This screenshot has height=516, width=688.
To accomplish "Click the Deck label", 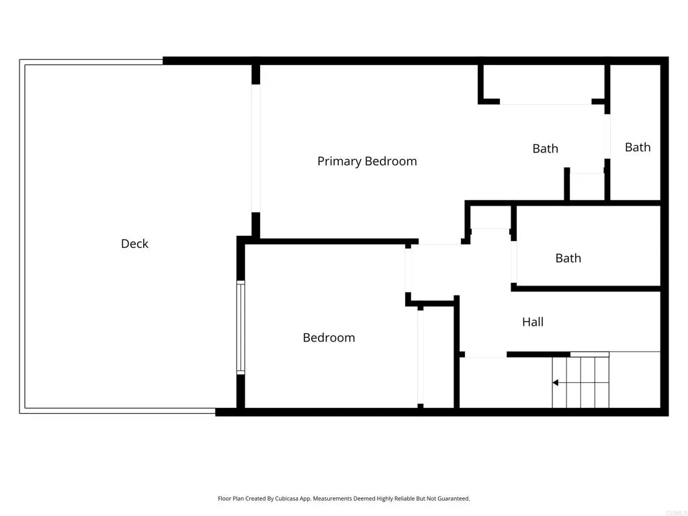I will (134, 244).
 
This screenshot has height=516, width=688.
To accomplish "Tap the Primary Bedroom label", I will (367, 161).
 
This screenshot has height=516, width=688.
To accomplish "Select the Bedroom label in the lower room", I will (329, 338).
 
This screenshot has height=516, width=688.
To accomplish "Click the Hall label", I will (533, 322).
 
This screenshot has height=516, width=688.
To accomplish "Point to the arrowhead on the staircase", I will (556, 383).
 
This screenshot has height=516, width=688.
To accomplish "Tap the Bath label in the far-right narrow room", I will (638, 147).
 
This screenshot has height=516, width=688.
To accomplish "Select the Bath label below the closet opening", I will (545, 148).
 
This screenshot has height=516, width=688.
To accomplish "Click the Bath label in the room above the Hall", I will (568, 258).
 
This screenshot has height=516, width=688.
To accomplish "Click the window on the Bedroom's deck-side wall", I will (241, 327).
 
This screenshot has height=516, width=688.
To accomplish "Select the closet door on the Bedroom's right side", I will (421, 356).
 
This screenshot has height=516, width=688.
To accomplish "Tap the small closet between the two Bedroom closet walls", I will (437, 356).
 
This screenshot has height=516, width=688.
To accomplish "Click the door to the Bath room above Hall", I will (514, 261).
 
